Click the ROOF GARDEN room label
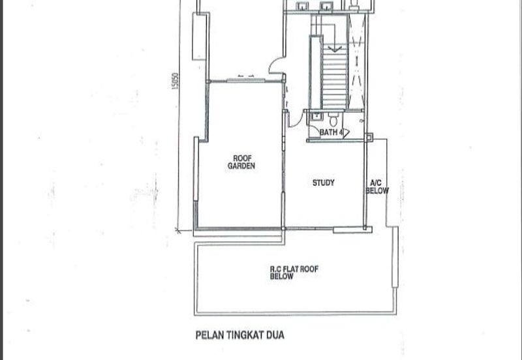click(241, 162)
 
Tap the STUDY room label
click(323, 183)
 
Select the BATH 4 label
click(331, 132)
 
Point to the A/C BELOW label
click(377, 187)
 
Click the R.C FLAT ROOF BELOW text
click(294, 273)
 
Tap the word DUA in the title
click(275, 335)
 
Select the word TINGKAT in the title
click(245, 335)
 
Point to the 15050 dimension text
click(175, 81)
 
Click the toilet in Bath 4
click(333, 119)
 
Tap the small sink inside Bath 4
click(316, 116)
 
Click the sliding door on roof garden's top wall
click(246, 80)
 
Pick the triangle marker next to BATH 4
click(346, 133)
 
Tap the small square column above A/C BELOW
click(369, 137)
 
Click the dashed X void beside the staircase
click(356, 62)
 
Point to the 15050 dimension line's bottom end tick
click(178, 230)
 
